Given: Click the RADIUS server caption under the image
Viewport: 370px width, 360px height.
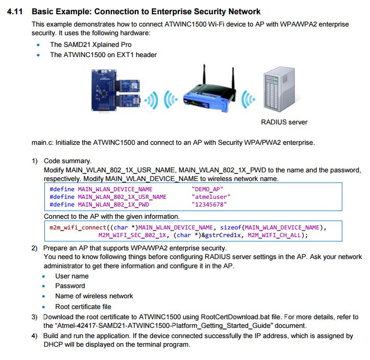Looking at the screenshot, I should (284, 122).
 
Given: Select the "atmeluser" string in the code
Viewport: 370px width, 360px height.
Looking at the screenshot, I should (211, 197).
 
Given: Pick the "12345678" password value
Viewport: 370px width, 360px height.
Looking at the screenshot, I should (209, 204).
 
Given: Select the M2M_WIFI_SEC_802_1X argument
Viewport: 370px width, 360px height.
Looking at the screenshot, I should (134, 235).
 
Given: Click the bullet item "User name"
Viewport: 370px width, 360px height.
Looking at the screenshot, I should (72, 276).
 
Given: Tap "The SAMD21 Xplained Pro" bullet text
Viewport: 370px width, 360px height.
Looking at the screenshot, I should (90, 44).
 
